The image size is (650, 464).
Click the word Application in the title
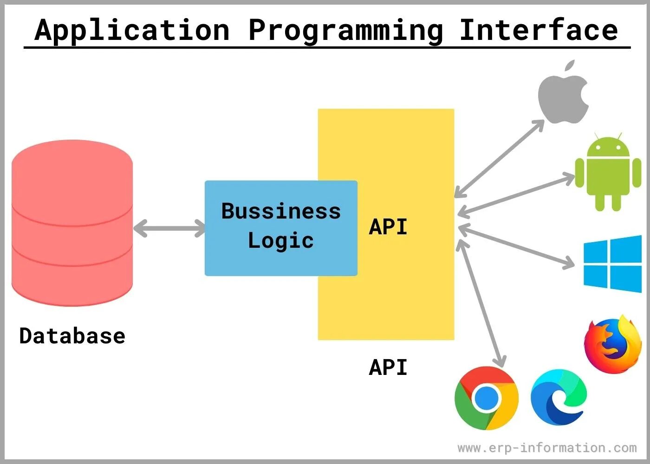pyautogui.click(x=132, y=30)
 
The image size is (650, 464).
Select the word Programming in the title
pyautogui.click(x=346, y=31)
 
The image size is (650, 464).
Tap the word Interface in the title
pyautogui.click(x=539, y=30)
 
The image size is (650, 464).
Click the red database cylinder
pyautogui.click(x=72, y=223)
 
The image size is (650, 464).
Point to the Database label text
pyautogui.click(x=72, y=336)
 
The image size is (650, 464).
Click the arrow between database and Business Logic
pyautogui.click(x=169, y=228)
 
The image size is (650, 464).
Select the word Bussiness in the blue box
pyautogui.click(x=281, y=211)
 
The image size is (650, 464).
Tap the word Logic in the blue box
pyautogui.click(x=281, y=240)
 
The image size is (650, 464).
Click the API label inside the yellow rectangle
pyautogui.click(x=388, y=227)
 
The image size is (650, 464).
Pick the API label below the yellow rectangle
pyautogui.click(x=388, y=367)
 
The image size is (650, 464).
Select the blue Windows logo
pyautogui.click(x=612, y=264)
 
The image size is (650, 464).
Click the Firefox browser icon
pyautogui.click(x=612, y=345)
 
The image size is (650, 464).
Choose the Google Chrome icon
pyautogui.click(x=486, y=398)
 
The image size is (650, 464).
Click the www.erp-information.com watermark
pyautogui.click(x=547, y=448)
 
